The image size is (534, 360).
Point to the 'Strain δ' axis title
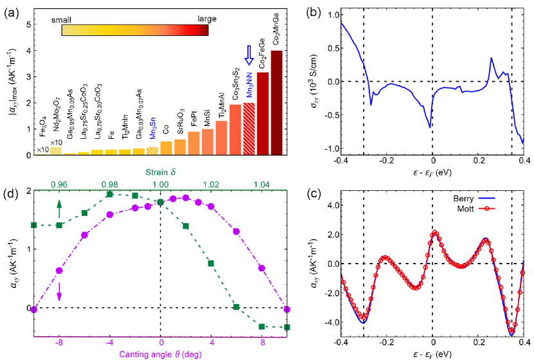click(x=161, y=172)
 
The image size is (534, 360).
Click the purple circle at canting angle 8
click(x=262, y=268)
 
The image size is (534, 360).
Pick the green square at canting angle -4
click(x=110, y=194)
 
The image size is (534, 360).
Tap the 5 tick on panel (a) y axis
click(x=28, y=24)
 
